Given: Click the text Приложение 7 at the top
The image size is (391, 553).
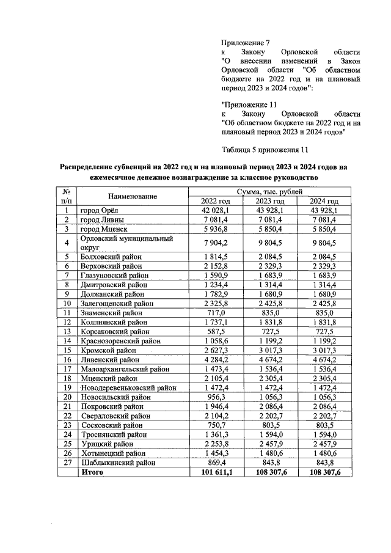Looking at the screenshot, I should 244,43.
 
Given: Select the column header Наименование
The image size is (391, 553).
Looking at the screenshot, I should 133,196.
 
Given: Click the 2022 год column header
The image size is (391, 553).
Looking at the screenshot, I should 215,201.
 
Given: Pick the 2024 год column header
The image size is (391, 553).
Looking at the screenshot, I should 324,201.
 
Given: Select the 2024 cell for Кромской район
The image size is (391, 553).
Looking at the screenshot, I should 324,350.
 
